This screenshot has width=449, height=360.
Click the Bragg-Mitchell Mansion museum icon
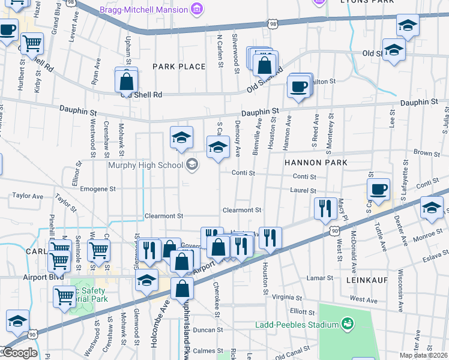click(196, 8)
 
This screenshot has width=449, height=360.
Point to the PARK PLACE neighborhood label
click(179, 67)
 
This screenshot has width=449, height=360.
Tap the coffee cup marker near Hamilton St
click(298, 87)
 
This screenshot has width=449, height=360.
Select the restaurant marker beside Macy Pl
click(325, 209)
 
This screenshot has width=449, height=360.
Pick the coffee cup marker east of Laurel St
click(378, 190)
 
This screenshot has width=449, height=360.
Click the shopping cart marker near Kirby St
click(32, 43)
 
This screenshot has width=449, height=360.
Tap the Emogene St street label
click(98, 188)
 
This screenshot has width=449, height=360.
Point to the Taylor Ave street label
click(28, 196)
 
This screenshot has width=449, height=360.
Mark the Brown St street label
click(427, 154)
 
